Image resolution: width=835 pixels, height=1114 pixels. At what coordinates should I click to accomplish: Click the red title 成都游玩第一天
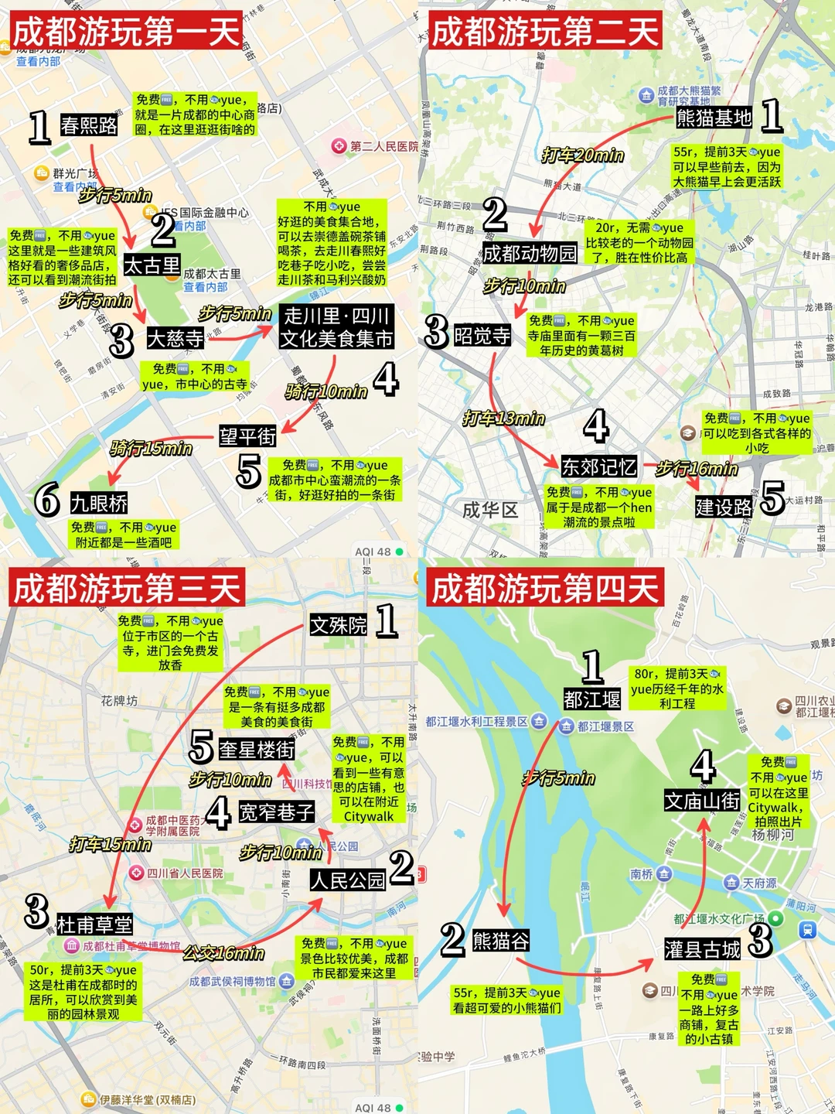click(127, 32)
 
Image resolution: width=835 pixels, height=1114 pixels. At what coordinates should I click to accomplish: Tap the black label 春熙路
click(89, 125)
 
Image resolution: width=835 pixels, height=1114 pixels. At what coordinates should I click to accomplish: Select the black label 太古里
click(152, 265)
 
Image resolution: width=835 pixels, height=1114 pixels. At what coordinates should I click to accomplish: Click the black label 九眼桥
click(99, 504)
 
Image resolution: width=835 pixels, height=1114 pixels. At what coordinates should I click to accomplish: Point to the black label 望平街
click(247, 436)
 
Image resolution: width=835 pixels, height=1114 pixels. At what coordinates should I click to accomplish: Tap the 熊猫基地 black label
click(714, 118)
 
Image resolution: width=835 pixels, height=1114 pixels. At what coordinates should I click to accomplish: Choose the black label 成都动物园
click(530, 253)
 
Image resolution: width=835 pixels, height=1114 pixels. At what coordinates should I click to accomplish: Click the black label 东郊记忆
click(599, 466)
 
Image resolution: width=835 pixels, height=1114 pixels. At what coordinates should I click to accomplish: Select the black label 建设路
click(724, 507)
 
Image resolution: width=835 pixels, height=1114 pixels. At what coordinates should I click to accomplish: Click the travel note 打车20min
click(583, 155)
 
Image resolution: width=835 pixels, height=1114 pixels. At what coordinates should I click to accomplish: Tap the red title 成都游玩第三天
click(127, 589)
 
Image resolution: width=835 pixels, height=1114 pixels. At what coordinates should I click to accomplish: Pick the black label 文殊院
click(339, 625)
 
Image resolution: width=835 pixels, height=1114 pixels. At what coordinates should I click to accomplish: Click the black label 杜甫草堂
click(94, 924)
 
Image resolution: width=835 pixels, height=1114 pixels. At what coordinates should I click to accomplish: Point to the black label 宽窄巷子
click(276, 812)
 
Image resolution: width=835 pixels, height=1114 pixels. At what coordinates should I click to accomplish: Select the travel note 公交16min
click(224, 953)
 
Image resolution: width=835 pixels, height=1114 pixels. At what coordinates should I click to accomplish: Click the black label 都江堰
click(592, 699)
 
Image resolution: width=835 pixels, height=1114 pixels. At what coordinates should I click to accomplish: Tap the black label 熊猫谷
click(501, 941)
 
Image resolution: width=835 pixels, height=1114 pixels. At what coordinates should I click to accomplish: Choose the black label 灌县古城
click(702, 949)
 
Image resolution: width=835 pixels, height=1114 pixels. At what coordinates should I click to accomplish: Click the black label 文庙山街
click(702, 801)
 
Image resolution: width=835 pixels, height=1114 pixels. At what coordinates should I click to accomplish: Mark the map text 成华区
click(489, 511)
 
